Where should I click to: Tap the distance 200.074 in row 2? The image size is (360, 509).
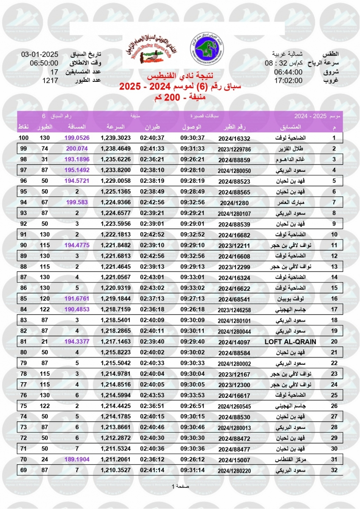[x=77, y=149]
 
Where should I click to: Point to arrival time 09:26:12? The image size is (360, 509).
[x=193, y=459]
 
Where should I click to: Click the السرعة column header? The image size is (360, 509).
[x=115, y=127]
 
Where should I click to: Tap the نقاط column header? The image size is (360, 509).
[x=23, y=127]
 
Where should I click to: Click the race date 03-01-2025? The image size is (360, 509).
[x=39, y=55]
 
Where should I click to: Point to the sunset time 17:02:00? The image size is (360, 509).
[x=288, y=80]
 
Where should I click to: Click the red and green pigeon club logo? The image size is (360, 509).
[x=152, y=50]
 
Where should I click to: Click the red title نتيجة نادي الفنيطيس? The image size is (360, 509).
[x=179, y=76]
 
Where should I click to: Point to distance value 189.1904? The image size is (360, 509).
[x=77, y=459]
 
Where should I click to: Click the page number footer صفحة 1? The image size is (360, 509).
[x=180, y=486]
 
